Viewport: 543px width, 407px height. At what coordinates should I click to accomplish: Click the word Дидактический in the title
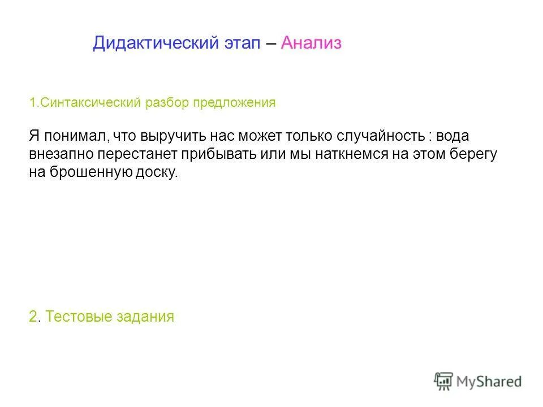154,44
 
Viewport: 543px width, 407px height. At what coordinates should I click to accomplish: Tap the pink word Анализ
311,44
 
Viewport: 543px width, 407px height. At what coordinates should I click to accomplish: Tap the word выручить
175,136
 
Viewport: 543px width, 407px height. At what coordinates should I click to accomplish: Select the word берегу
472,154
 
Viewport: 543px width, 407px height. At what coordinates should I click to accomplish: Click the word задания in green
145,317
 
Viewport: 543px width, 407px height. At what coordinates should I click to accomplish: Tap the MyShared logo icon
443,382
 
